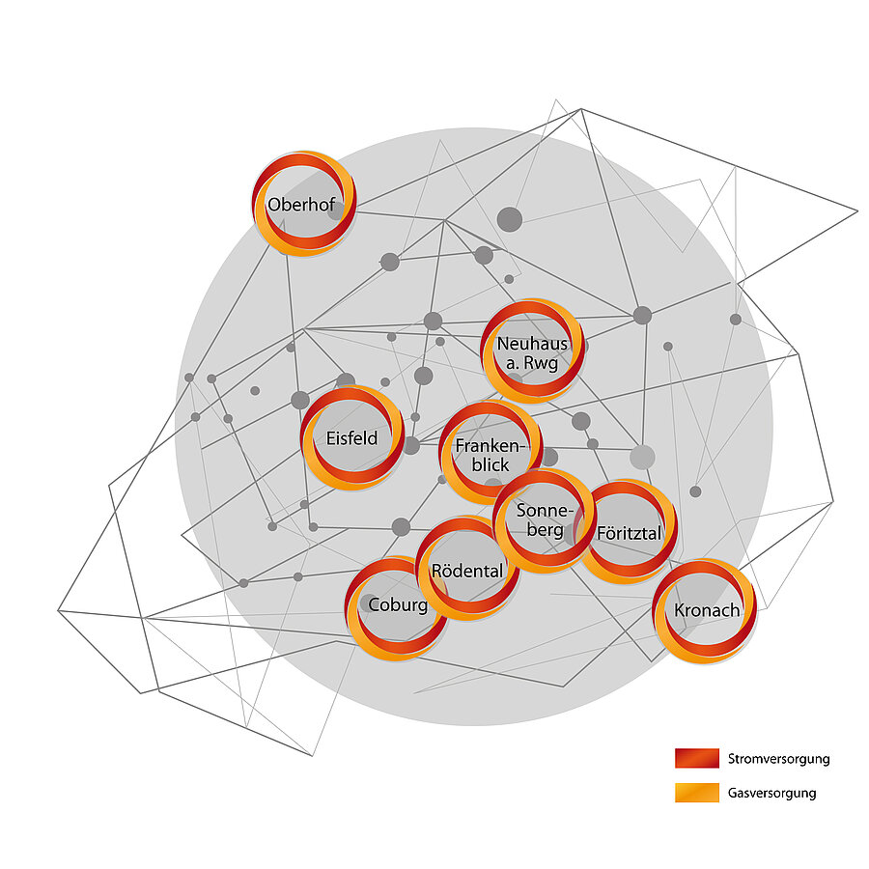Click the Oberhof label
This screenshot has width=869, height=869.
click(301, 205)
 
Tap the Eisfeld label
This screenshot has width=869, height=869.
click(351, 438)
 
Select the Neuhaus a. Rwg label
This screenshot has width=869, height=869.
click(532, 353)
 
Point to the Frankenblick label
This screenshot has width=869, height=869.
click(490, 455)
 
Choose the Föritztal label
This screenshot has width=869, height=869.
click(629, 533)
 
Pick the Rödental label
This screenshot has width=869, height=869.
click(467, 571)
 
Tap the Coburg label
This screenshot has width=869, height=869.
click(398, 605)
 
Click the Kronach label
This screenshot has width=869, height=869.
click(707, 610)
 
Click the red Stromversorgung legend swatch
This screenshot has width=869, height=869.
click(696, 758)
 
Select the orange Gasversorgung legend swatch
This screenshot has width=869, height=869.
click(696, 793)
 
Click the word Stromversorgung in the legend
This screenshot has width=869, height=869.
click(778, 759)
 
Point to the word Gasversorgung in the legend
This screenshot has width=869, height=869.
click(772, 794)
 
